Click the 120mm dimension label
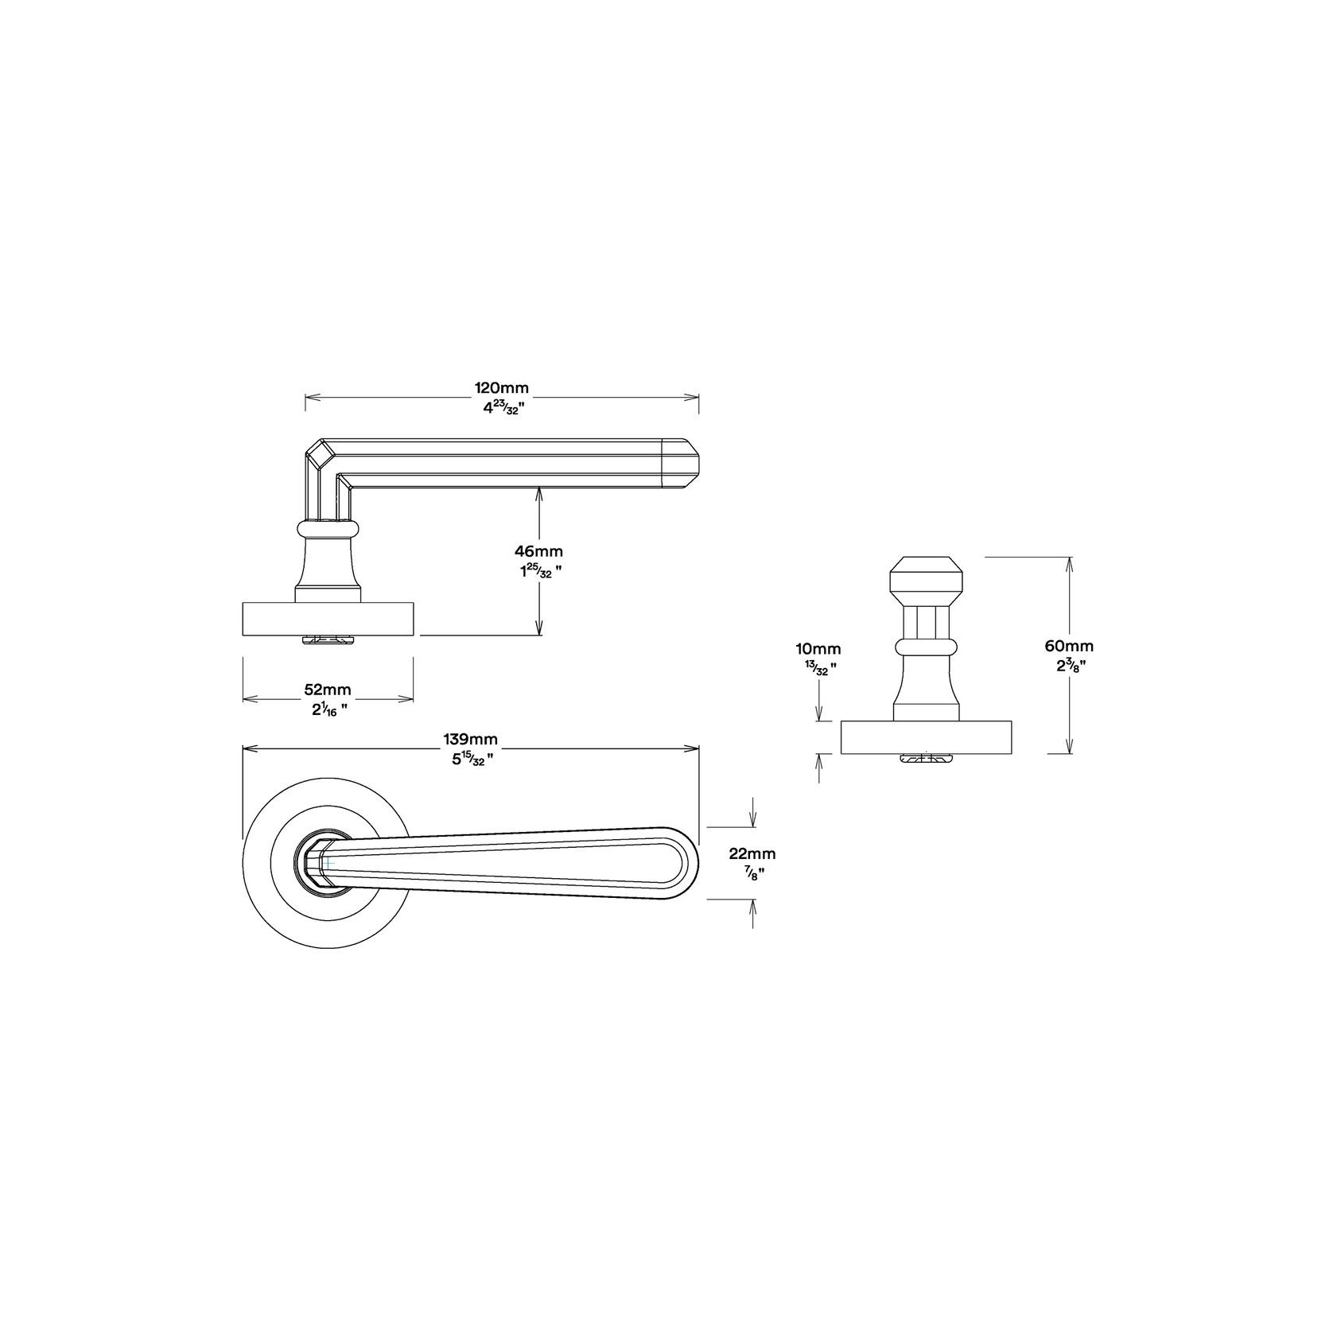click(502, 388)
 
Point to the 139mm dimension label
click(470, 740)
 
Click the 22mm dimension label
click(752, 854)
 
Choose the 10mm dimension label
click(818, 650)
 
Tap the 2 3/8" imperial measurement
click(1071, 666)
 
